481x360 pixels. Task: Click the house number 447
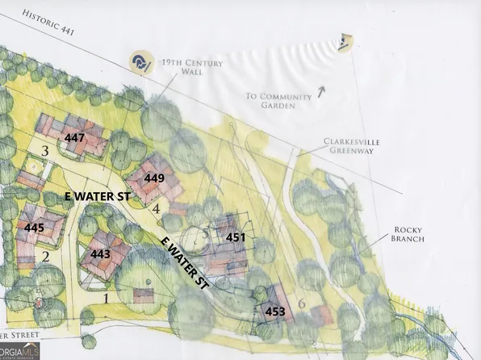75,138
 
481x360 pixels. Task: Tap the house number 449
154,178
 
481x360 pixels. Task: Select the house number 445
34,228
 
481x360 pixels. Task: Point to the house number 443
101,254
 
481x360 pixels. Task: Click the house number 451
236,237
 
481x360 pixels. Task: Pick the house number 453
275,310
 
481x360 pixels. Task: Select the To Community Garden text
278,101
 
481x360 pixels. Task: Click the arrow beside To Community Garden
320,92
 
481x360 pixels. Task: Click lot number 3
46,151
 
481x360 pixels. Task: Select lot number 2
46,257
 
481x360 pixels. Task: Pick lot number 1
105,298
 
